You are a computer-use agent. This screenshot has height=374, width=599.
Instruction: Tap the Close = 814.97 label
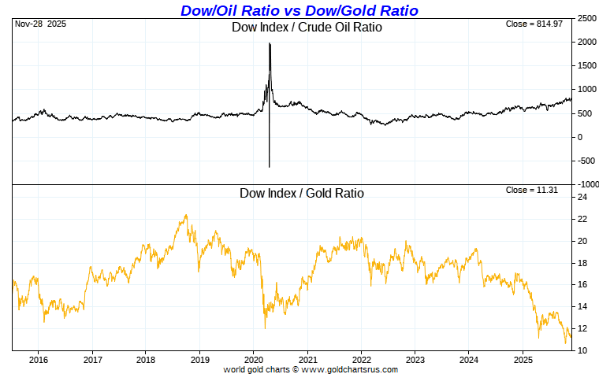point(536,24)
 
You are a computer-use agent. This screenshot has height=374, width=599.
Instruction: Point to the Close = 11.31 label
point(538,190)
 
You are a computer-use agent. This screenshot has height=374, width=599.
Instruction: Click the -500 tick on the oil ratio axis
point(586,161)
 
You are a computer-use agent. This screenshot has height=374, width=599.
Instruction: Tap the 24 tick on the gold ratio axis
point(582,198)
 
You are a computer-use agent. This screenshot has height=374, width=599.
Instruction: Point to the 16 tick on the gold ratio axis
point(582,285)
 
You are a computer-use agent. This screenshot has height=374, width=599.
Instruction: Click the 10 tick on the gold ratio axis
point(582,350)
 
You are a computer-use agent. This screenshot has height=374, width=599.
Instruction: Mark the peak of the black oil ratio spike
point(270,43)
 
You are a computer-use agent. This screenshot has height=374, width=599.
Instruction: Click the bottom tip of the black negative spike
point(270,167)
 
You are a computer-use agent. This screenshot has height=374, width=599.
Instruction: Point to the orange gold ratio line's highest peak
point(185,215)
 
